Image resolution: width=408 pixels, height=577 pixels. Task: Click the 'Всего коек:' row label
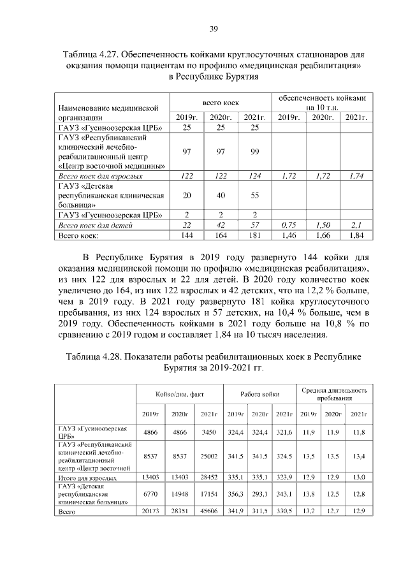tap(78, 235)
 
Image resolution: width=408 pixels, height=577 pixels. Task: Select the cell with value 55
tap(254, 194)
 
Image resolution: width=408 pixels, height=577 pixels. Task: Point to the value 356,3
tap(236, 494)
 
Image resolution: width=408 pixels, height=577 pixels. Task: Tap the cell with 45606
tap(208, 511)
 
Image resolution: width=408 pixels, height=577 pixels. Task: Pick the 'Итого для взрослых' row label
tap(87, 477)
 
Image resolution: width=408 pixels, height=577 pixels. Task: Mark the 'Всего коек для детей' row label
tap(96, 225)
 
